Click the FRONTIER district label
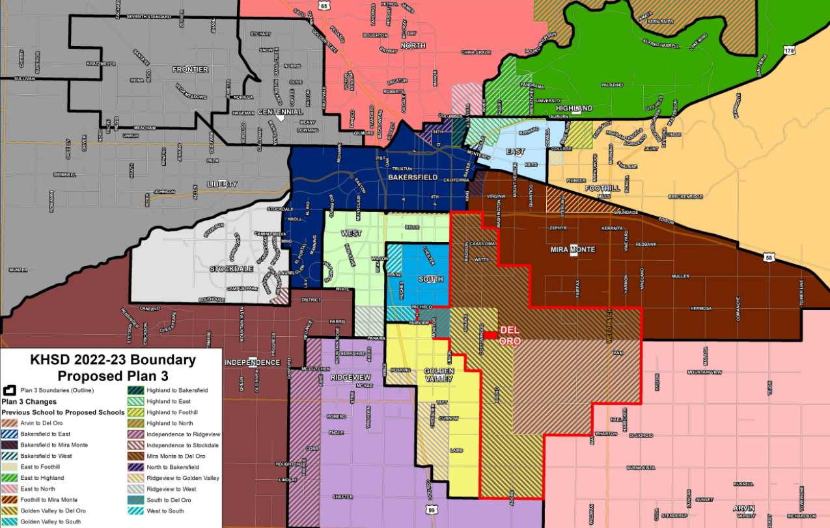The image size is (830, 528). point(190,69)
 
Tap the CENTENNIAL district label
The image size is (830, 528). point(280,112)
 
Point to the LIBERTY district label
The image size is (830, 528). point(222,184)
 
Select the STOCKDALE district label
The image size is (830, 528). point(230,268)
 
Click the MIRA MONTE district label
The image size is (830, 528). point(573,249)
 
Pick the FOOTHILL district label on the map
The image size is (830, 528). point(597,188)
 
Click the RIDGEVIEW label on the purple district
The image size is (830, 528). point(350,377)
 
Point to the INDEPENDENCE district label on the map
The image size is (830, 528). point(253,362)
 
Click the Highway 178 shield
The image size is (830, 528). point(789,50)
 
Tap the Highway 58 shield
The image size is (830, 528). point(770,258)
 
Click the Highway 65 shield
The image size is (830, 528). point(324,5)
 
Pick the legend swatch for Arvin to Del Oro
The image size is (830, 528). point(10,423)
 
